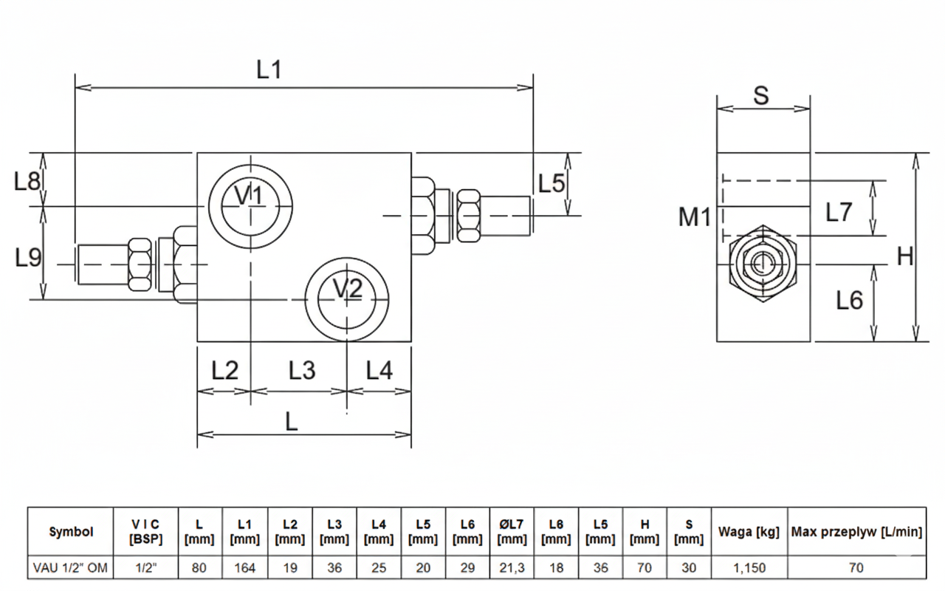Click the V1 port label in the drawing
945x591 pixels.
249,196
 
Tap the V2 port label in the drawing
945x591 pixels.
347,289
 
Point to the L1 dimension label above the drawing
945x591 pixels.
269,70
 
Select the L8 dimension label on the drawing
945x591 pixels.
27,181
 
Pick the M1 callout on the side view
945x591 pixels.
695,217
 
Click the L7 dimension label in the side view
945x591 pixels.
839,213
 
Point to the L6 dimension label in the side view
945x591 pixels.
849,300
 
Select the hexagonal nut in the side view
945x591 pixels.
763,263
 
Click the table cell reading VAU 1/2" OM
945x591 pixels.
70,567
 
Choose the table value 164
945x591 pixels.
245,567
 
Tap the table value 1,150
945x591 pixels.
749,567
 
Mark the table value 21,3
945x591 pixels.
512,567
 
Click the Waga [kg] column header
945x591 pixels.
749,531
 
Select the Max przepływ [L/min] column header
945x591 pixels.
856,531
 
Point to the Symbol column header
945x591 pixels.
71,531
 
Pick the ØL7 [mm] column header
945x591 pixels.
512,531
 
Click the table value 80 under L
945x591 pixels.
199,567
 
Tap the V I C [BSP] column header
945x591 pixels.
145,531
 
